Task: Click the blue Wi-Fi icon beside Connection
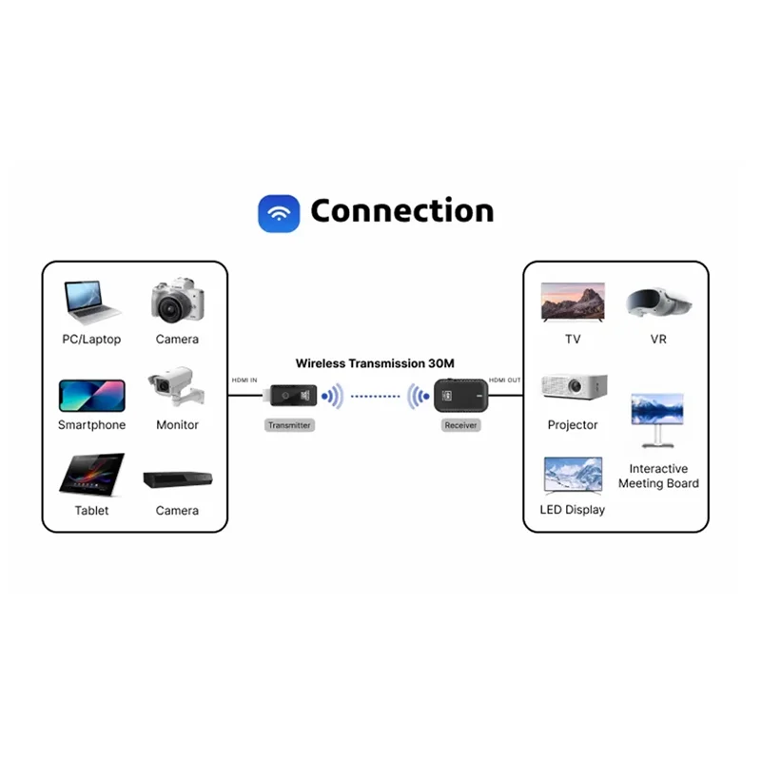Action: tap(279, 212)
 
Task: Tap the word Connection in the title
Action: tap(401, 211)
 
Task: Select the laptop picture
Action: tap(91, 300)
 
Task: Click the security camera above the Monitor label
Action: tap(173, 389)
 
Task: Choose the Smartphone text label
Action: tap(91, 425)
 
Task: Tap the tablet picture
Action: tap(91, 475)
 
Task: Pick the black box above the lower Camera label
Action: tap(177, 481)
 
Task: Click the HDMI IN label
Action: tap(244, 380)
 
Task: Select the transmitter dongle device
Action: tap(289, 397)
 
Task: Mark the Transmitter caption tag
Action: tap(289, 425)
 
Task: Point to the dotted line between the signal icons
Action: tap(377, 397)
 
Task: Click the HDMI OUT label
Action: tap(504, 380)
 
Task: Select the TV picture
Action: tap(573, 302)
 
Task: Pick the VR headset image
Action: tap(658, 302)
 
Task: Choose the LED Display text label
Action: tap(573, 510)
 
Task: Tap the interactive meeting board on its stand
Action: tap(657, 419)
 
